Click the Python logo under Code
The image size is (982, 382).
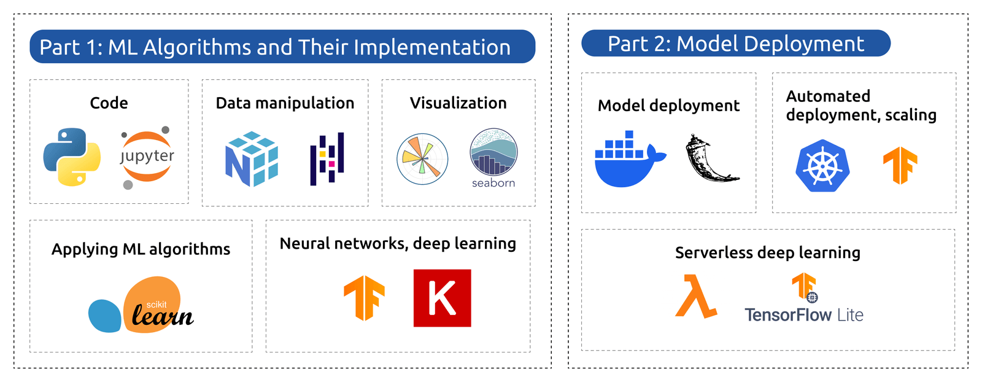pyautogui.click(x=72, y=157)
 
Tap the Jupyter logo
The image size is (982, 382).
pyautogui.click(x=147, y=157)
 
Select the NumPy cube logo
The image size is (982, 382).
pyautogui.click(x=252, y=158)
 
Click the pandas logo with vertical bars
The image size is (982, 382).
pyautogui.click(x=327, y=158)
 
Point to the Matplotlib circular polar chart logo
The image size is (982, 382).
pyautogui.click(x=422, y=159)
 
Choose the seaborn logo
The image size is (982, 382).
pyautogui.click(x=493, y=157)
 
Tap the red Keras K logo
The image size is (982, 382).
pyautogui.click(x=442, y=298)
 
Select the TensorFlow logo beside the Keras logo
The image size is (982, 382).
pyautogui.click(x=364, y=298)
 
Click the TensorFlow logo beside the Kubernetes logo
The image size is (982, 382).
pyautogui.click(x=900, y=165)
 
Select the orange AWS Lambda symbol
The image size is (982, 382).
pyautogui.click(x=695, y=297)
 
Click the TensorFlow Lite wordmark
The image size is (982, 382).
pyautogui.click(x=803, y=315)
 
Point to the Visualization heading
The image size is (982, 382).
pyautogui.click(x=458, y=103)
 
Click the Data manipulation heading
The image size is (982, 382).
pyautogui.click(x=285, y=103)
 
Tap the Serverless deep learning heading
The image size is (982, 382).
pyautogui.click(x=767, y=253)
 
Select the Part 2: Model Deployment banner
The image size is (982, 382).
pyautogui.click(x=735, y=44)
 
